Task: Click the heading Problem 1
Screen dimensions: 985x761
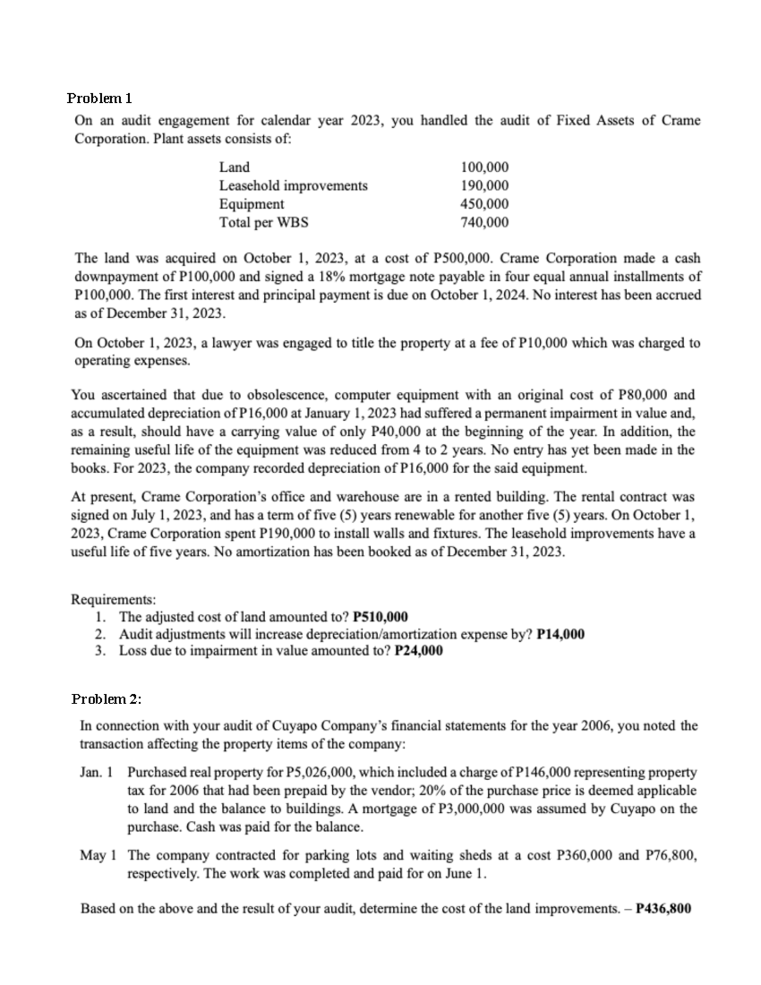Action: (x=99, y=98)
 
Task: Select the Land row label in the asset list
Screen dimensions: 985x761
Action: (x=234, y=167)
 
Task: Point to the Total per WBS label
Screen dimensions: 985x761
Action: (x=264, y=223)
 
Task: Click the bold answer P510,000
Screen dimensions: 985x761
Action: (x=380, y=617)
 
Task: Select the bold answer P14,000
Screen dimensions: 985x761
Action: (x=561, y=634)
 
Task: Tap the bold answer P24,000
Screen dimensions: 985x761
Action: (x=419, y=651)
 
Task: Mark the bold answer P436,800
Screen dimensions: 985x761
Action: (x=663, y=908)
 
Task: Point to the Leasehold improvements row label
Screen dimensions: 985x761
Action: (x=293, y=186)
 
